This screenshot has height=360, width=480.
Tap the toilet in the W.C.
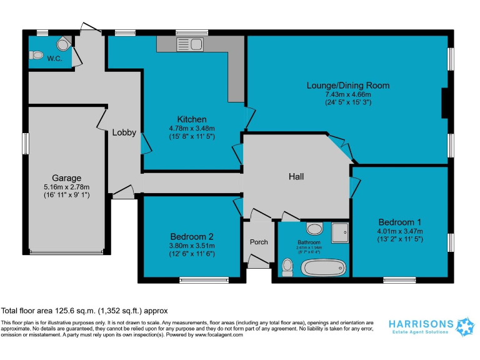click(x=36, y=55)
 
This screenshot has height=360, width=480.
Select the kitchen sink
click(x=191, y=44)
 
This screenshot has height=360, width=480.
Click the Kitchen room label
click(x=191, y=119)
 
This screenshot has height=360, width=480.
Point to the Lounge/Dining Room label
click(x=347, y=86)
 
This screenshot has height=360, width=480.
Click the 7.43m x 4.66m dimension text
click(x=347, y=94)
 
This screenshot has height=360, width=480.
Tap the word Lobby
click(x=124, y=132)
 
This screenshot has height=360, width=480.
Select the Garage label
click(x=66, y=178)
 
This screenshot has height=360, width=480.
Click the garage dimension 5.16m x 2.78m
click(x=66, y=186)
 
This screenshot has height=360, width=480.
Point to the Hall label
click(x=296, y=177)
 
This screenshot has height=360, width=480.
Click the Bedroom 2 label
click(x=192, y=236)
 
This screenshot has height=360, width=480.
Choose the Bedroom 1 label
click(x=399, y=222)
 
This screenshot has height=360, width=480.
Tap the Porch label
click(x=259, y=242)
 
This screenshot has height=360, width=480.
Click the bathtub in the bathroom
click(x=322, y=268)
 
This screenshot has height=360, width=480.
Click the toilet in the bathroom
click(x=287, y=267)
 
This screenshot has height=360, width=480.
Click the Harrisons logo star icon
click(x=466, y=326)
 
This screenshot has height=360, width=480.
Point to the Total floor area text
click(x=84, y=311)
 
